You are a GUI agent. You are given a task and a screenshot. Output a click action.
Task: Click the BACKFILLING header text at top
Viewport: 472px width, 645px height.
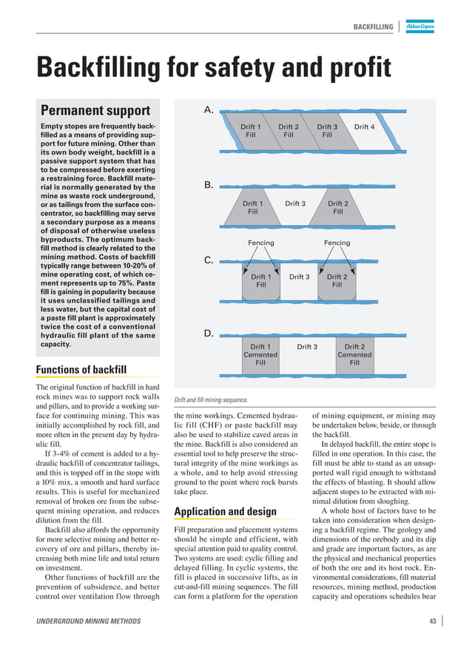coord(373,27)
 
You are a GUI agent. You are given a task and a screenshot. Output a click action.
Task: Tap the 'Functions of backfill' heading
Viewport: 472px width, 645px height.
coord(81,369)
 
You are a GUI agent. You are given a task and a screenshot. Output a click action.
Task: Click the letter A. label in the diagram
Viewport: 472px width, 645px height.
coord(209,110)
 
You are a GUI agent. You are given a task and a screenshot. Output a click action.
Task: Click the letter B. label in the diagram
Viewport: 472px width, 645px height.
coord(209,185)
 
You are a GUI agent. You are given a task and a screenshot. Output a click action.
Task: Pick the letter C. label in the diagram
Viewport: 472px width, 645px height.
coord(209,260)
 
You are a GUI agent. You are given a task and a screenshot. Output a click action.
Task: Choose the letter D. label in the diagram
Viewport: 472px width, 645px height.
coord(209,334)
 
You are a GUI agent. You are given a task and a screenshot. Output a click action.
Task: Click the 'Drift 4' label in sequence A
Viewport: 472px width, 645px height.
coord(364,127)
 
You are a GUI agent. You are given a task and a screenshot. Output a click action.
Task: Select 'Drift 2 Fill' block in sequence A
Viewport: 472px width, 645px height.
coord(289,131)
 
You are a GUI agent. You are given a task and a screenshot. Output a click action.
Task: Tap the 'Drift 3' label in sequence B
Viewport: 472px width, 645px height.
coord(295,203)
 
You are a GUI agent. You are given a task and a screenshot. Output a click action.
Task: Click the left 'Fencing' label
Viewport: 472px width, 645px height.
coord(260,243)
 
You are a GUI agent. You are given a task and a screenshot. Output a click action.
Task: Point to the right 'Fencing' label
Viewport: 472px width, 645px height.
coord(337,243)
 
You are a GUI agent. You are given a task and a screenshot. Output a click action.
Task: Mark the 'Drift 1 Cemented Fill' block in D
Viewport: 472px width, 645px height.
coord(260,354)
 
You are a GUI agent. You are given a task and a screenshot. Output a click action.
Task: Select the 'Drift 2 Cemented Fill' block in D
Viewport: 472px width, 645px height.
coord(354,354)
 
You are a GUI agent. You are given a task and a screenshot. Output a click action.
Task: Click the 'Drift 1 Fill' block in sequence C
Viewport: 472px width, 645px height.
coord(260,280)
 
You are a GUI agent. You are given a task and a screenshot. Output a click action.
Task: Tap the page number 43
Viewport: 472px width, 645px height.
coord(432,621)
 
